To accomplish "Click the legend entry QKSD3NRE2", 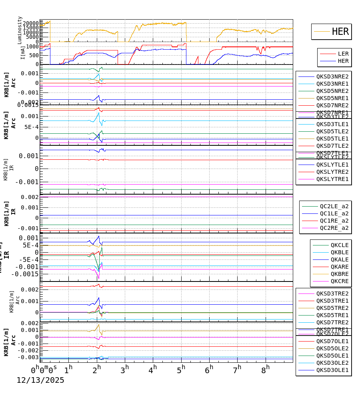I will pyautogui.click(x=332, y=76).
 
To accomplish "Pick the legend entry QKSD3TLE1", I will pyautogui.click(x=332, y=124).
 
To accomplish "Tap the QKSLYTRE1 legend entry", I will pyautogui.click(x=332, y=179).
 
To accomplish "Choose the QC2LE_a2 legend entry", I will pyautogui.click(x=334, y=206).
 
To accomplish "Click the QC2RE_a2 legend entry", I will pyautogui.click(x=334, y=228).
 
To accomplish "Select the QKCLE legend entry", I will pyautogui.click(x=339, y=245).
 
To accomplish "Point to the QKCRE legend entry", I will pyautogui.click(x=339, y=281).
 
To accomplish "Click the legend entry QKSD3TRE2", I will pyautogui.click(x=332, y=293).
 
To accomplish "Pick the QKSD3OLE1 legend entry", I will pyautogui.click(x=332, y=370).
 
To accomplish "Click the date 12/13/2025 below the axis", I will pyautogui.click(x=40, y=380).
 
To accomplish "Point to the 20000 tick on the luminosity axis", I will pyautogui.click(x=30, y=23).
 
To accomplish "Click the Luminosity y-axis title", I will pyautogui.click(x=20, y=30).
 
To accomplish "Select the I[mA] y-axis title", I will pyautogui.click(x=23, y=52).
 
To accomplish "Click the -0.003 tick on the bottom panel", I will pyautogui.click(x=28, y=357).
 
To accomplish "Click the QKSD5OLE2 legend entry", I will pyautogui.click(x=332, y=348).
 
